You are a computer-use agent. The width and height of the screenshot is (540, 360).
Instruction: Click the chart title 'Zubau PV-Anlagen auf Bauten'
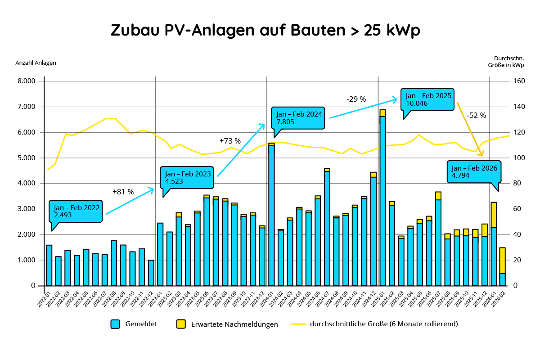265,30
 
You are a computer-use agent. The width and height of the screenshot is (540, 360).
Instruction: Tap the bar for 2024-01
271,216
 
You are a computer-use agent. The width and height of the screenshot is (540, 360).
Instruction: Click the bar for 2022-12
151,273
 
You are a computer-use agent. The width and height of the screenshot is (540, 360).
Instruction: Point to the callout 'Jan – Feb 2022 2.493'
76,211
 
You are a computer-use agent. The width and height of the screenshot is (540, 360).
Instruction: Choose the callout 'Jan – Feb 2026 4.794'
474,171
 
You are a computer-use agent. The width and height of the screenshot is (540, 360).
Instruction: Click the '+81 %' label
123,192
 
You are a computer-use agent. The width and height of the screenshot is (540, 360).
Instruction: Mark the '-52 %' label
476,115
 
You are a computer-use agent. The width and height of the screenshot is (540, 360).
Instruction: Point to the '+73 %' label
230,141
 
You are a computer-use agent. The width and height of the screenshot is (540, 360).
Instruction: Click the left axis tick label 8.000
27,81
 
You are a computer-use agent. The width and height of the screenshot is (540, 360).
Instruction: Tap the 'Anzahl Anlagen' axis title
36,63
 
